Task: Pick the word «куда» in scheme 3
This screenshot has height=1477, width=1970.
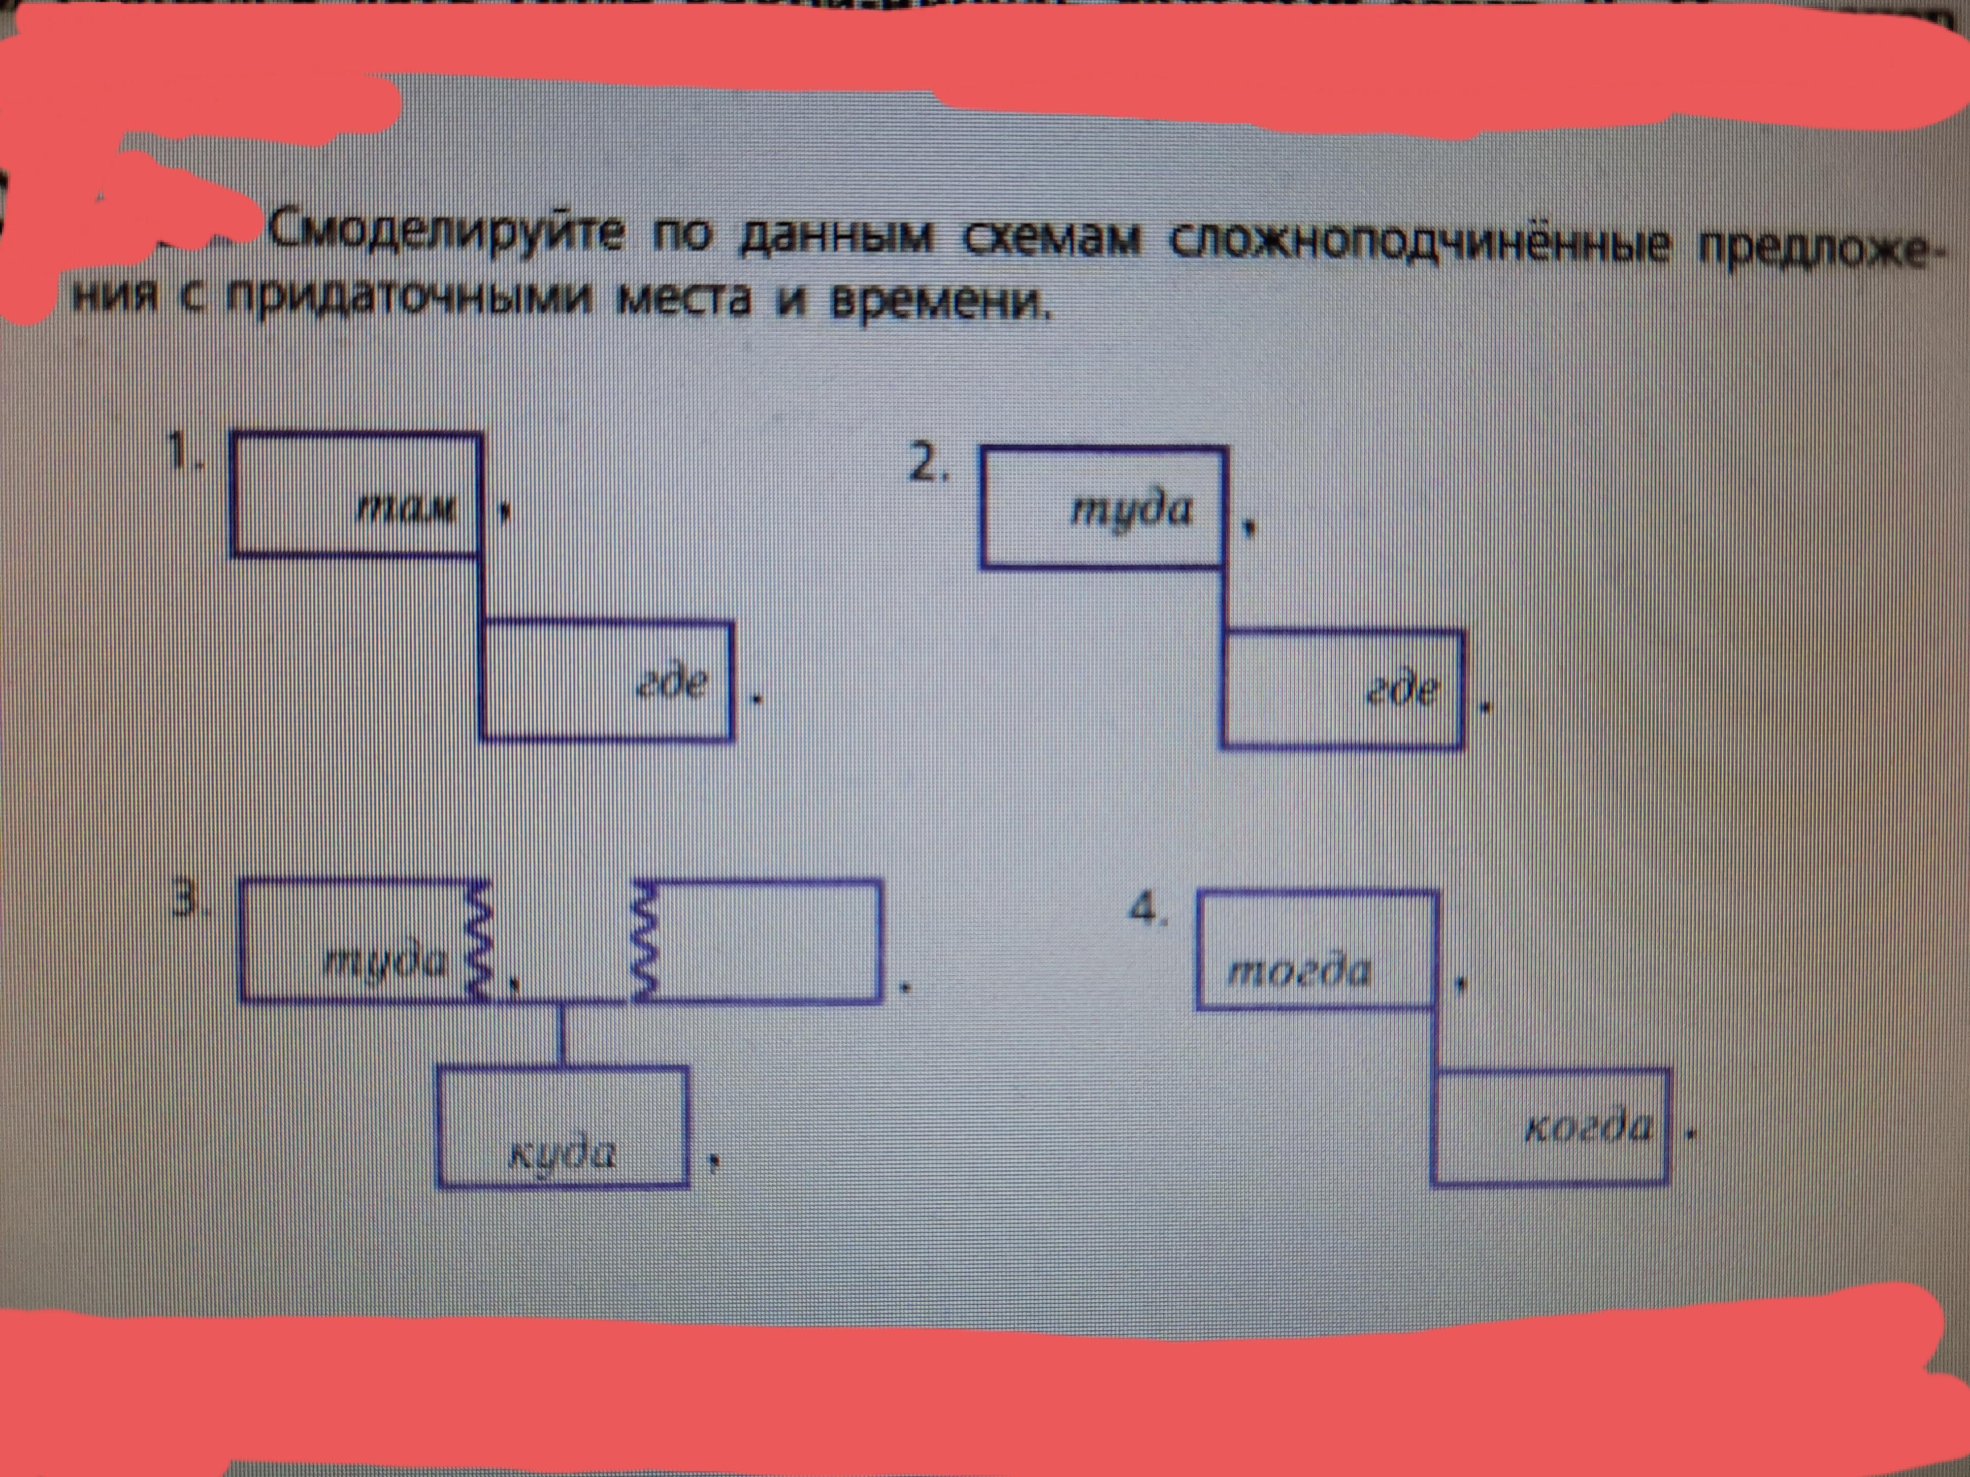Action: point(561,1155)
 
